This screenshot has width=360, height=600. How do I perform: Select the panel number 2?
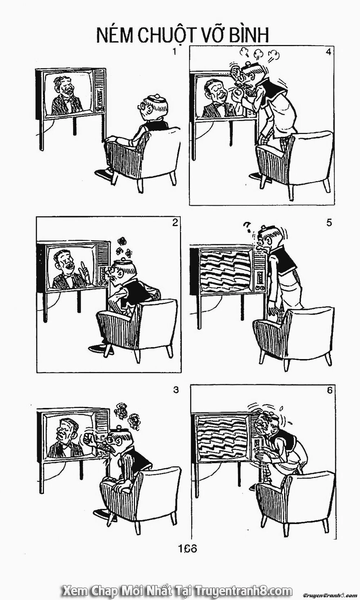[175, 223]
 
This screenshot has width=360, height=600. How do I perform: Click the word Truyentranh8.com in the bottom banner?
[243, 590]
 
